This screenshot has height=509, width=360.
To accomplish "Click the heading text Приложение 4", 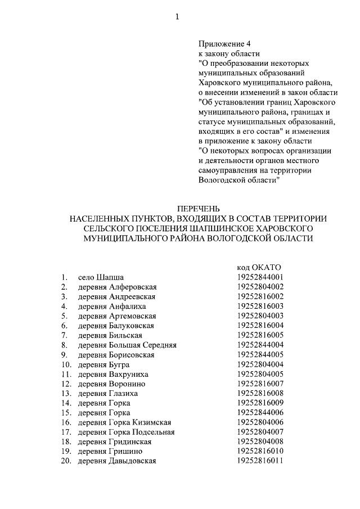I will coord(222,44).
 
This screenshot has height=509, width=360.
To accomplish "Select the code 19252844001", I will coord(260,277).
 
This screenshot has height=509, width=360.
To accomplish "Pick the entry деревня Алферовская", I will coord(117,287).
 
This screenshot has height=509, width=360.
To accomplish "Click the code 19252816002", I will coord(260,296).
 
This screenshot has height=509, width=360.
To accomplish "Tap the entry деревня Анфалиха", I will coord(112,306).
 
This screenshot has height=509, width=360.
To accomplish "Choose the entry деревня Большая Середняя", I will coord(128,344).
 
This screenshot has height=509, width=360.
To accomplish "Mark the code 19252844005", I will coord(260,354).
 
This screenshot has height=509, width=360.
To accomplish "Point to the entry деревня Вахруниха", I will coord(113,374).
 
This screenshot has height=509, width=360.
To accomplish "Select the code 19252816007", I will coord(260,384).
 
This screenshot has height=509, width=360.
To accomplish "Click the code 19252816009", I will coord(260,403).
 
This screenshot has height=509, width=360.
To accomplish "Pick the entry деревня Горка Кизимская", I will coord(124,422).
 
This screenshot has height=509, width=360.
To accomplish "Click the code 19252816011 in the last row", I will coord(260,461).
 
